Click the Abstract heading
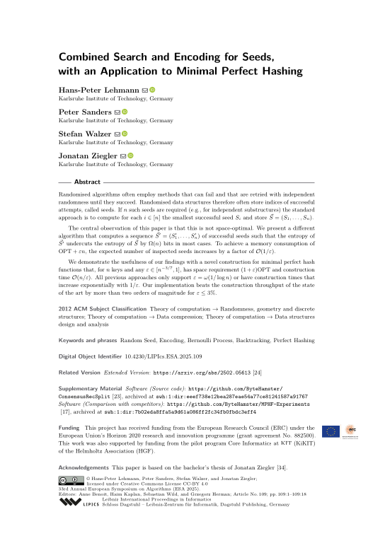[x=87, y=182]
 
